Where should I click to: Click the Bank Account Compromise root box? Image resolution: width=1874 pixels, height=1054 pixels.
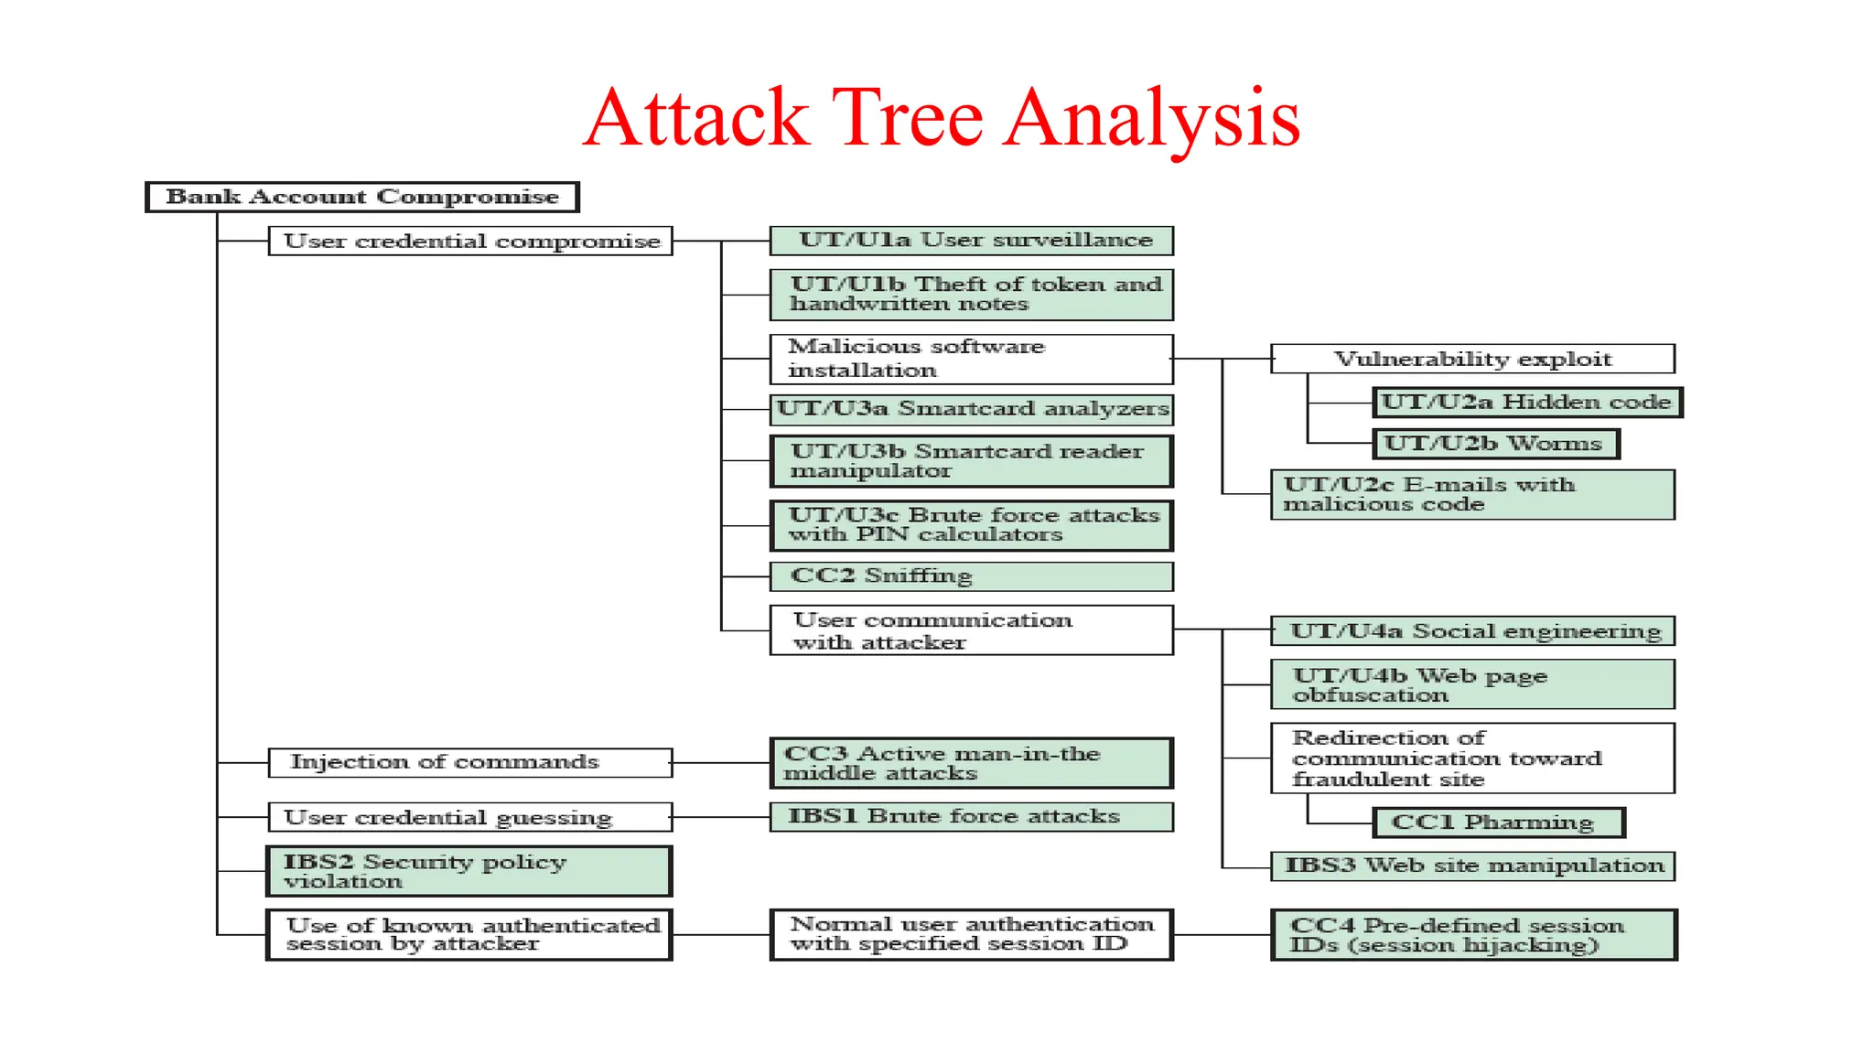(x=362, y=197)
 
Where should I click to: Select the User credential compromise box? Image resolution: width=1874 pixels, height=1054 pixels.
(x=470, y=241)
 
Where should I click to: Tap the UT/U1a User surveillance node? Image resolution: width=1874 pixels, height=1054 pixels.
(x=971, y=241)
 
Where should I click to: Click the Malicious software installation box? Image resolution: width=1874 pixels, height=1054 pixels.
(x=971, y=359)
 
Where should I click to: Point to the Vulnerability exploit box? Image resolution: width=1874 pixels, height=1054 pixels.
(x=1472, y=359)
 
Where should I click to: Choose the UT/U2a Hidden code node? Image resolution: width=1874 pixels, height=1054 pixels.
(x=1526, y=403)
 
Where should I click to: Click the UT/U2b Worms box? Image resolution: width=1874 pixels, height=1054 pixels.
(x=1495, y=444)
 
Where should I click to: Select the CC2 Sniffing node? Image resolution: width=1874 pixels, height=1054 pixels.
(x=971, y=576)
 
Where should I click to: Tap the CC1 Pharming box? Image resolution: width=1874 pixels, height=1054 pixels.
(x=1499, y=823)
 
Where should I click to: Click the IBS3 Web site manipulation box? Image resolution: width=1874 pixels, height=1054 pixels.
(x=1472, y=866)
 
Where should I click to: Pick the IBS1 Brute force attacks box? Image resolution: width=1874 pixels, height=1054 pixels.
(x=971, y=816)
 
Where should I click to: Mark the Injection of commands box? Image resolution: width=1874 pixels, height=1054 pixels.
(x=470, y=762)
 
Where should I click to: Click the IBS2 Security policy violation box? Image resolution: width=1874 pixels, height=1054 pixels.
(x=469, y=871)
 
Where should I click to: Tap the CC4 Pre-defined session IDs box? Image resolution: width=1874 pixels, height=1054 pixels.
(x=1473, y=935)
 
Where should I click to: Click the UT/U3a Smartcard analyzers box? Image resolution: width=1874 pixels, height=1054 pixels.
(x=971, y=409)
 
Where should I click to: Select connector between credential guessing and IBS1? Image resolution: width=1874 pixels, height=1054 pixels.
(x=721, y=816)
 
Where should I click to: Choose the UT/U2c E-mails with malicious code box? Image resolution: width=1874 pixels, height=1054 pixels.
(x=1472, y=495)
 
